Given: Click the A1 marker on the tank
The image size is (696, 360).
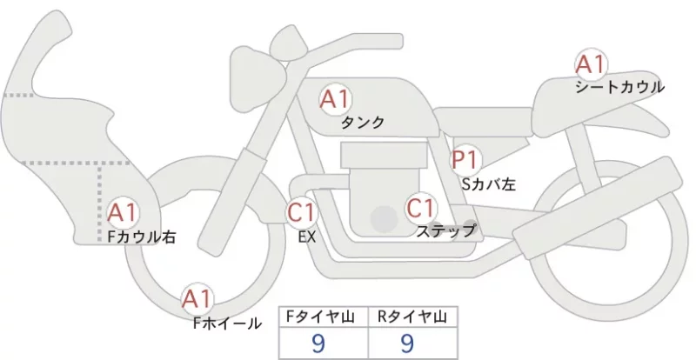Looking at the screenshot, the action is [335, 100].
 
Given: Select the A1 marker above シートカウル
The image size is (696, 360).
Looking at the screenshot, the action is [591, 64].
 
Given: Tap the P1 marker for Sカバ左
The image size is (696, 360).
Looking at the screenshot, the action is [465, 159].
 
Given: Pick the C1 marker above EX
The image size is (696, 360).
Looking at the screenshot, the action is [302, 211].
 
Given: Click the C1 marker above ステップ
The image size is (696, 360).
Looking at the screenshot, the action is [421, 208].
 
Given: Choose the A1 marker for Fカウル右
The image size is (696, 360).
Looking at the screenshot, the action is [123, 213].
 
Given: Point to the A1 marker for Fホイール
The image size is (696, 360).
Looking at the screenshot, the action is [197, 299].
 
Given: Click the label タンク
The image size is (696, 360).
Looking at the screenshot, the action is [362, 122].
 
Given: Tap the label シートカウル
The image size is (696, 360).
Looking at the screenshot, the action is [619, 87].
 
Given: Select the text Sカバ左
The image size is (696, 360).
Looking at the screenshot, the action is [489, 183].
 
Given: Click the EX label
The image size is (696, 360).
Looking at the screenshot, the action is [307, 237].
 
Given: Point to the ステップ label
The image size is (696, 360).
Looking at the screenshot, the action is [445, 230].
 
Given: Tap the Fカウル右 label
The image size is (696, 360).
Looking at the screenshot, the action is [142, 237].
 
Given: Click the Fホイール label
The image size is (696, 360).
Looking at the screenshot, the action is [227, 323].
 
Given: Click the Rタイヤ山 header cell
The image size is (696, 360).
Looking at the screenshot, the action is [412, 317].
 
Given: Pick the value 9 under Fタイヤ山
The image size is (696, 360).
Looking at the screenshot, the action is [318, 343].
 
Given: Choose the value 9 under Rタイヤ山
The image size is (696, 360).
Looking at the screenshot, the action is [407, 343].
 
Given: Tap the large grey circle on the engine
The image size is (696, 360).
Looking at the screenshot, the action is [384, 219].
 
